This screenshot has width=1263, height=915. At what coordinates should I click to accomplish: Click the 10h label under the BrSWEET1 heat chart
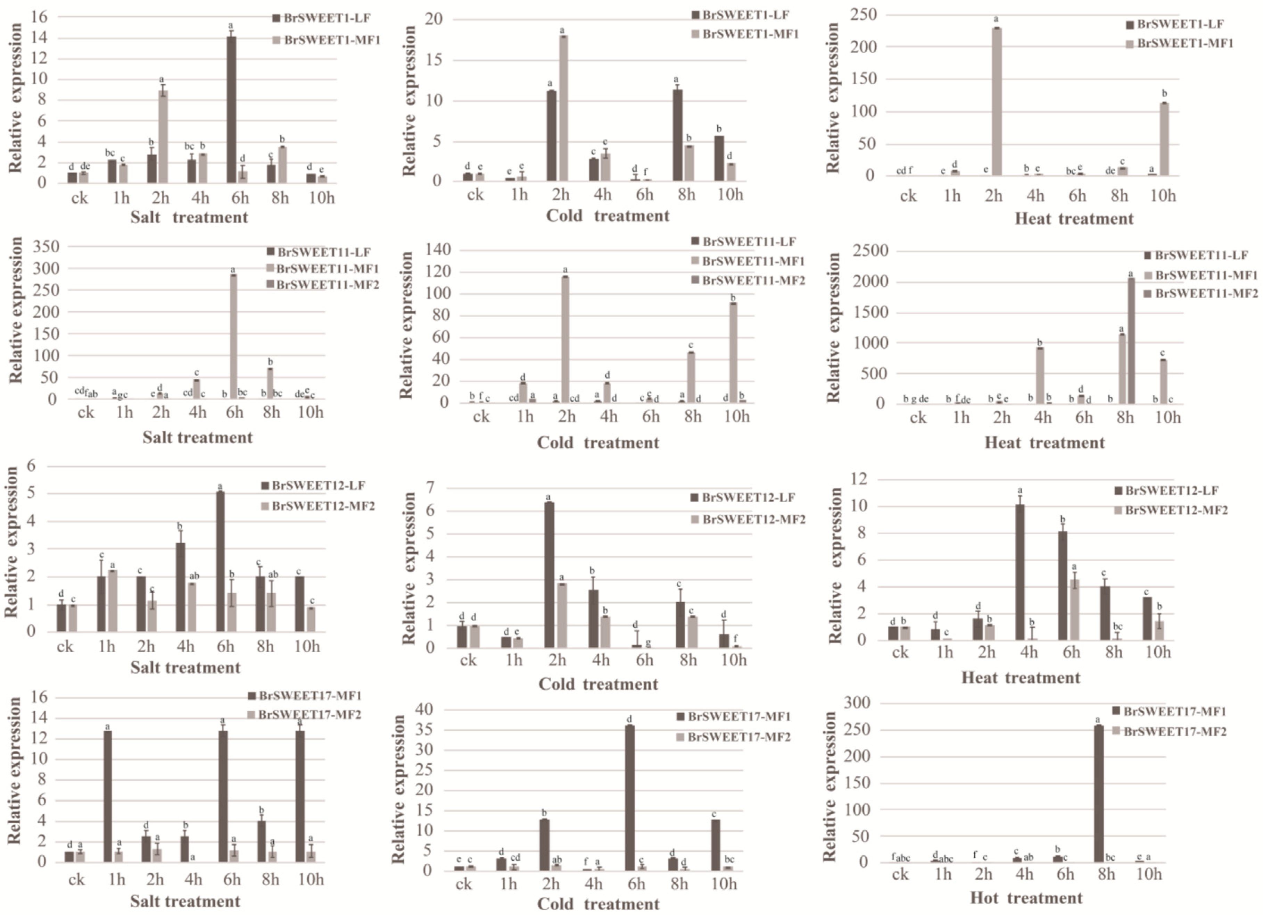[x=1163, y=196]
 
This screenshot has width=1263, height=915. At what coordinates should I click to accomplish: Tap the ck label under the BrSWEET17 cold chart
[x=463, y=884]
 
